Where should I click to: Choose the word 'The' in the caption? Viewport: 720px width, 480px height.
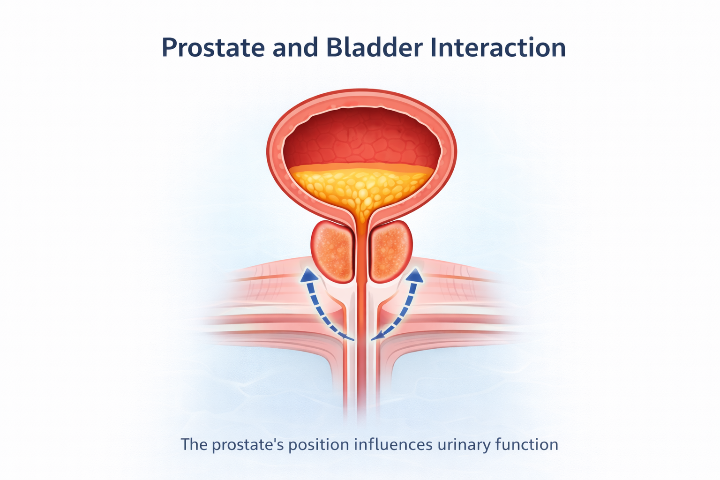[x=194, y=444]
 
